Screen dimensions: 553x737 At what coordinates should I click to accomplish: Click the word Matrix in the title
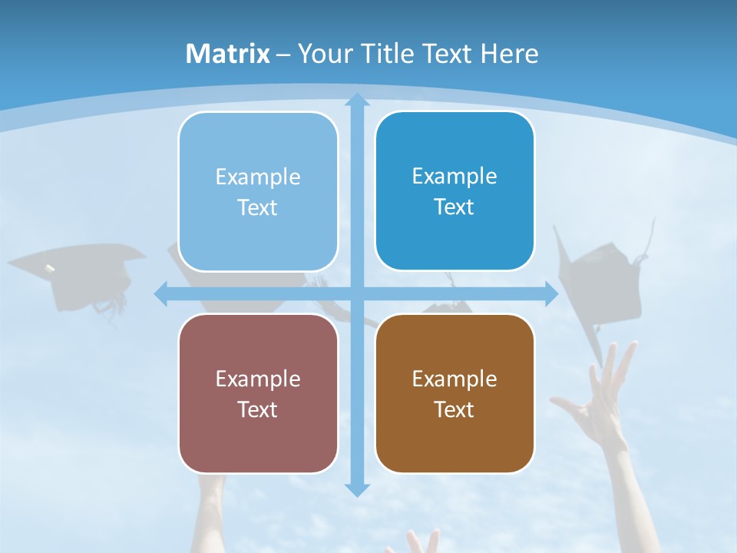tap(227, 54)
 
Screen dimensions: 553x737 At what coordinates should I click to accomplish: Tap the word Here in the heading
tap(509, 54)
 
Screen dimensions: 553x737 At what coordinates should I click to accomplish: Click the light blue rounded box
tap(258, 191)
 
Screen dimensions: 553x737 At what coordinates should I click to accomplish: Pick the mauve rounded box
tap(258, 393)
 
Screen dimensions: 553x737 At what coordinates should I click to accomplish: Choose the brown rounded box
tap(454, 393)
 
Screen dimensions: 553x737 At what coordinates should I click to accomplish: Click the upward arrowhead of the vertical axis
tap(357, 101)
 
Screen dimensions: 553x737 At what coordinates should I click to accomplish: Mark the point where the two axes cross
tap(357, 293)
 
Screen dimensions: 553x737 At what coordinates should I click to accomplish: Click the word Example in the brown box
tap(454, 379)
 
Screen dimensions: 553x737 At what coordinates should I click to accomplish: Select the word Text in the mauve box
tap(257, 409)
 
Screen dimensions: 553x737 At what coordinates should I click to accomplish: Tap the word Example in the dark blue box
tap(454, 176)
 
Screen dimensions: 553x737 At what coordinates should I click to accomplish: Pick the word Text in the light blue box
tap(257, 208)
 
